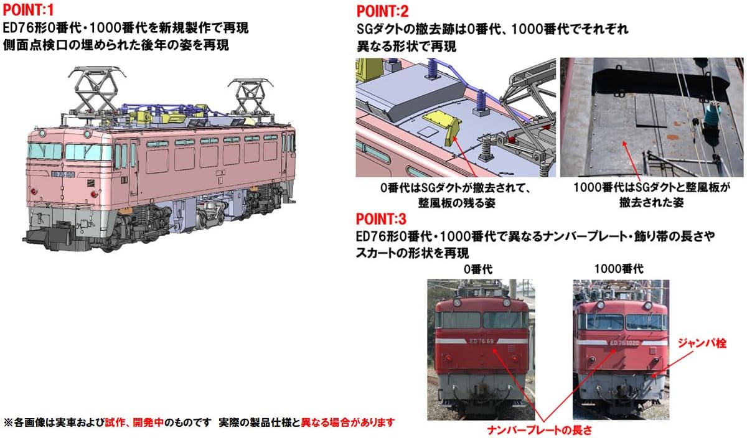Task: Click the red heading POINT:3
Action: pos(381,218)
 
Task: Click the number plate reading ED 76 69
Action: pos(482,341)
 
